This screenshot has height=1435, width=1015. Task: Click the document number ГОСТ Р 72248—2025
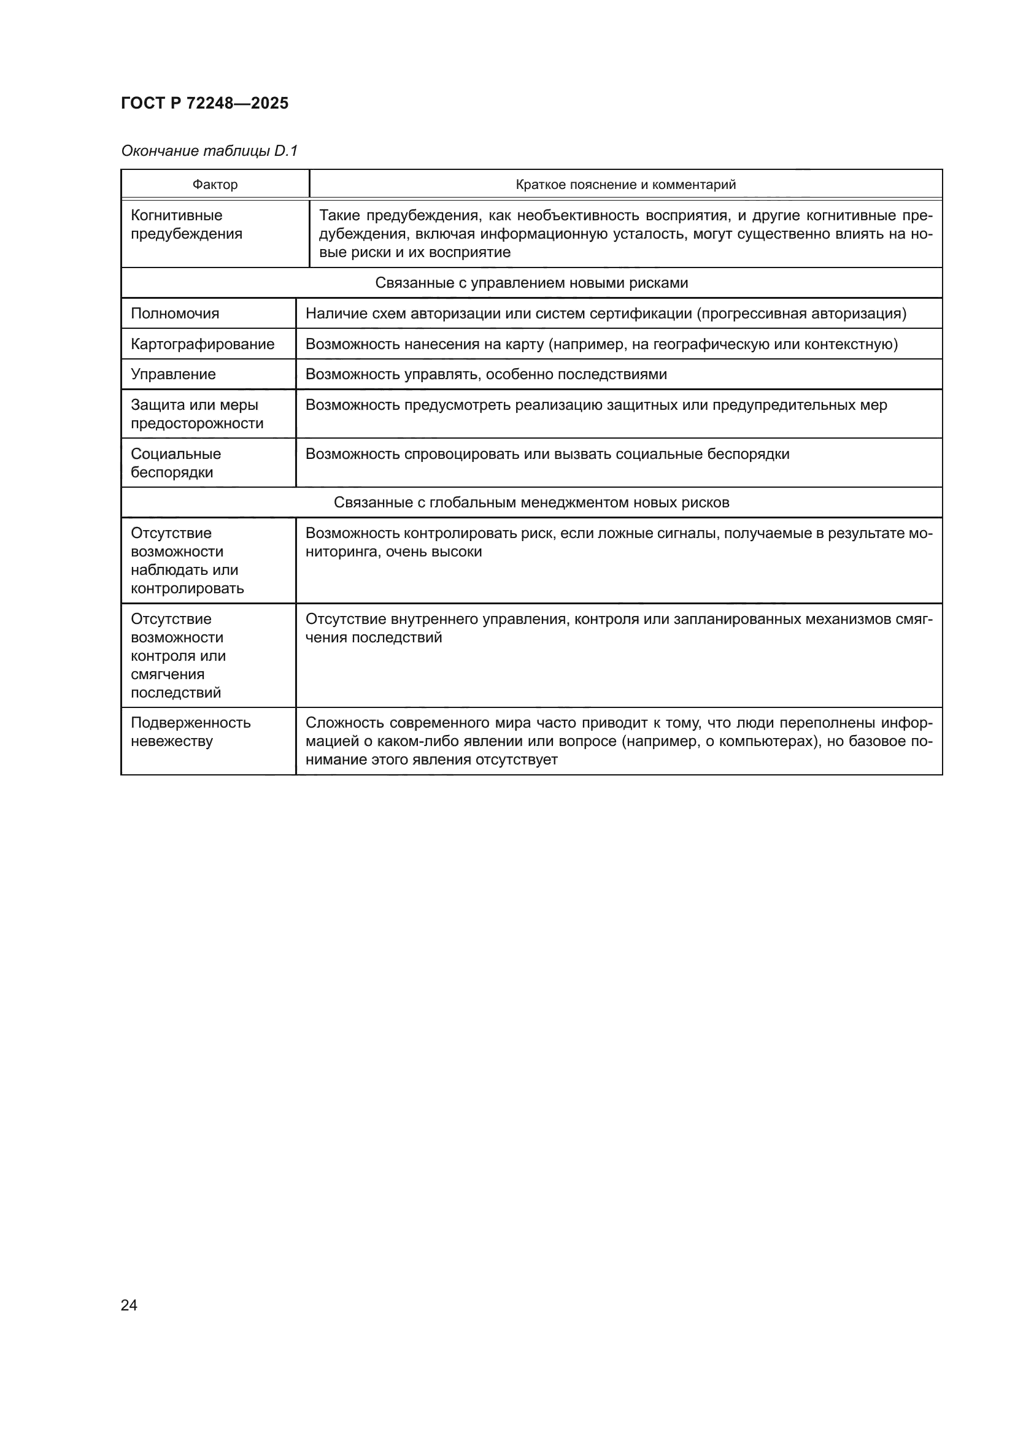pos(204,103)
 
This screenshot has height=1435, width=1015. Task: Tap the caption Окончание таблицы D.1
pos(209,151)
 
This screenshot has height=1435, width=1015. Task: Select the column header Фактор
pos(215,185)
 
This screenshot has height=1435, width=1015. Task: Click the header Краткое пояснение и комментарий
pos(625,185)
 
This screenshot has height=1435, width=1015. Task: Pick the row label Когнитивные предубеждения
pos(187,225)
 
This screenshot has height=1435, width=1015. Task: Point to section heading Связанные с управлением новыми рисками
pos(531,282)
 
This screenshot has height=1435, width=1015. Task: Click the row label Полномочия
pos(175,313)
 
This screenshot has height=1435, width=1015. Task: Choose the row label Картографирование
pos(203,344)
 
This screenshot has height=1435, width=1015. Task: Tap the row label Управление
pos(173,374)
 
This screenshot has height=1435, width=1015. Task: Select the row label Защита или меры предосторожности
pos(197,414)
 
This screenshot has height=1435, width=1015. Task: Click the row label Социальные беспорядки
pos(176,463)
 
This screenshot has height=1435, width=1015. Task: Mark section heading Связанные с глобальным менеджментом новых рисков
pos(531,502)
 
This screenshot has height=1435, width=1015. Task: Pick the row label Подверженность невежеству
pos(191,732)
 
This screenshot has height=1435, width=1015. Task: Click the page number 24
pos(129,1305)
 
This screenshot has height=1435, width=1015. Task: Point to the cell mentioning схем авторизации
pos(606,313)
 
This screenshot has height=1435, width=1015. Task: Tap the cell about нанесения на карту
pos(601,344)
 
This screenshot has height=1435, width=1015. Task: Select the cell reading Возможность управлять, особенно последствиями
pos(486,374)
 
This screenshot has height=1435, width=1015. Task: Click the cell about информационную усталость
pos(625,234)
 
